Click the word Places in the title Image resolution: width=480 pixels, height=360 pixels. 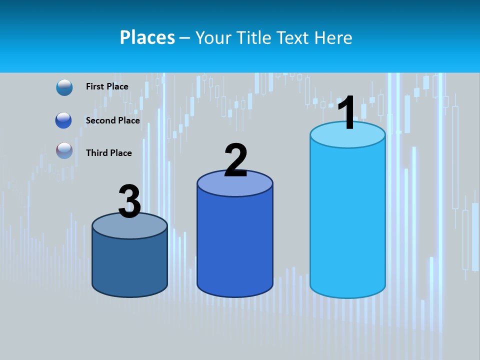click(x=147, y=37)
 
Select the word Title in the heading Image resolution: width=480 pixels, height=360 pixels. click(x=254, y=37)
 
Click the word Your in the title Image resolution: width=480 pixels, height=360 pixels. click(x=213, y=37)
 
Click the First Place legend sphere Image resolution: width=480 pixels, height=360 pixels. click(x=64, y=87)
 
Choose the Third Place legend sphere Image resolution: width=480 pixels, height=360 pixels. click(x=64, y=150)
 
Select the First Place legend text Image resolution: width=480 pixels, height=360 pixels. click(x=107, y=86)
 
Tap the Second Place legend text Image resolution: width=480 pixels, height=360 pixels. click(x=112, y=120)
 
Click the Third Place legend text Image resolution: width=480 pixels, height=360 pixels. click(x=109, y=153)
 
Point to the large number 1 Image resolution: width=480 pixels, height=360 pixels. click(x=347, y=113)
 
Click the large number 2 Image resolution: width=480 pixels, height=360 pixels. click(x=235, y=160)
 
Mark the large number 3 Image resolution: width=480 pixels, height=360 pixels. click(x=129, y=202)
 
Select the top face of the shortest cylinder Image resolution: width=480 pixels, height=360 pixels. click(x=129, y=228)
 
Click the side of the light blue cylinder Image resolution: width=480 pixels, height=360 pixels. click(x=347, y=220)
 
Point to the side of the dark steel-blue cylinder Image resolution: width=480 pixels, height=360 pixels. click(x=129, y=265)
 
